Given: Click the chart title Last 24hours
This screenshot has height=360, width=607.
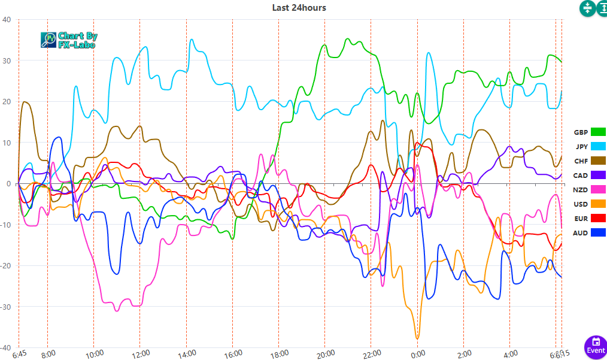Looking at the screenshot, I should [x=299, y=7].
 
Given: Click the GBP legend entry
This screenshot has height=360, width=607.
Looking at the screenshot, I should [x=590, y=132].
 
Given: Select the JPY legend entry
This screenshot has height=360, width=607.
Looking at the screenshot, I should [x=590, y=147].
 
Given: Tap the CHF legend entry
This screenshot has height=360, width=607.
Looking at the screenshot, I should [x=590, y=161].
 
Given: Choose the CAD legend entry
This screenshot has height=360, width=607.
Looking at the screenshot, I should [x=590, y=176].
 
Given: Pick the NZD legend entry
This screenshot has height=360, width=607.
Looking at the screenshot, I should [x=590, y=190].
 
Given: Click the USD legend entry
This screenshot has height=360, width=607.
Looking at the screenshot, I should [x=590, y=204].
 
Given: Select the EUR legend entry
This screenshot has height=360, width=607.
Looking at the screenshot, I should [x=590, y=218].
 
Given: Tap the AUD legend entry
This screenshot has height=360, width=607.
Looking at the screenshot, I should [x=590, y=233].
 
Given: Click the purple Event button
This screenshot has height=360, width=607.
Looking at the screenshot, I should [x=595, y=346].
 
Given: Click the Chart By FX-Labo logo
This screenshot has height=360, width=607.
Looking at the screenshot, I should [x=69, y=40].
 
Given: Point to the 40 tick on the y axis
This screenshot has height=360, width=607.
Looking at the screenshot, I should [x=7, y=20].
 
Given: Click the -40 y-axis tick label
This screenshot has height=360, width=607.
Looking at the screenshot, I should [x=5, y=348].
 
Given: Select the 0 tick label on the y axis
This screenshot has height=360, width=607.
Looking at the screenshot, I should [x=8, y=184].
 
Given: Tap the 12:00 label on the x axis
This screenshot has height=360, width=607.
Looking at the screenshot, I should [x=140, y=354].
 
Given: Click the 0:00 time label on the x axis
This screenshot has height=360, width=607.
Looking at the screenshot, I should [x=417, y=354].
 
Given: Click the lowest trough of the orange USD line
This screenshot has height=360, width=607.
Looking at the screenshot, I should [x=417, y=338].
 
